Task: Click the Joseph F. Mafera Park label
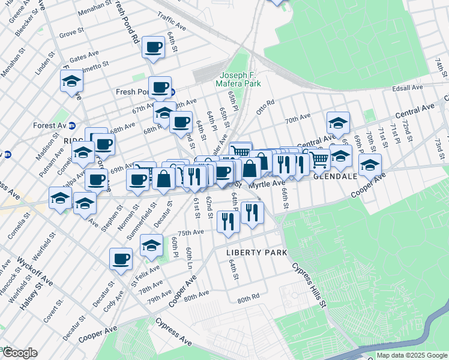[238, 80]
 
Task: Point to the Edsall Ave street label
[408, 88]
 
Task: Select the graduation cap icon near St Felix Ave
[151, 245]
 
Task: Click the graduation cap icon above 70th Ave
[338, 123]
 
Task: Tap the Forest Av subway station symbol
[72, 125]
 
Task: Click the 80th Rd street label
[248, 298]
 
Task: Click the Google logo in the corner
[19, 353]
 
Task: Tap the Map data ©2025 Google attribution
[410, 355]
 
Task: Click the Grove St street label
[71, 33]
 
